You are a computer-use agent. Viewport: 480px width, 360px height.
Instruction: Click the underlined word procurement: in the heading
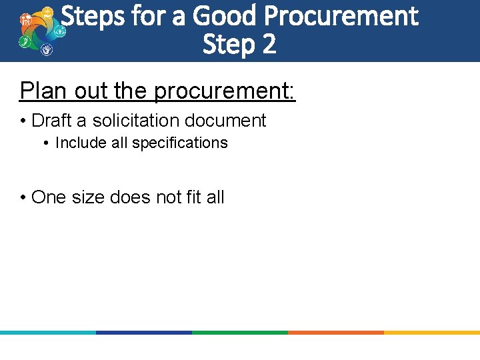[x=225, y=91]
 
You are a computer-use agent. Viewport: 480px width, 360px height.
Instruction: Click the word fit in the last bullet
[x=188, y=197]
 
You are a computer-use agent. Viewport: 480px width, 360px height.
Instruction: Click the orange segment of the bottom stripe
[x=336, y=332]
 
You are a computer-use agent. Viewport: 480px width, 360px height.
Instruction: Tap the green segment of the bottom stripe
[x=240, y=332]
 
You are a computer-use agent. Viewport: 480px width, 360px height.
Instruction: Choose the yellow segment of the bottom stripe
[x=432, y=332]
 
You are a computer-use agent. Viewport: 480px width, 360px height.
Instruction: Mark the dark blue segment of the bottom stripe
[x=144, y=332]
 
